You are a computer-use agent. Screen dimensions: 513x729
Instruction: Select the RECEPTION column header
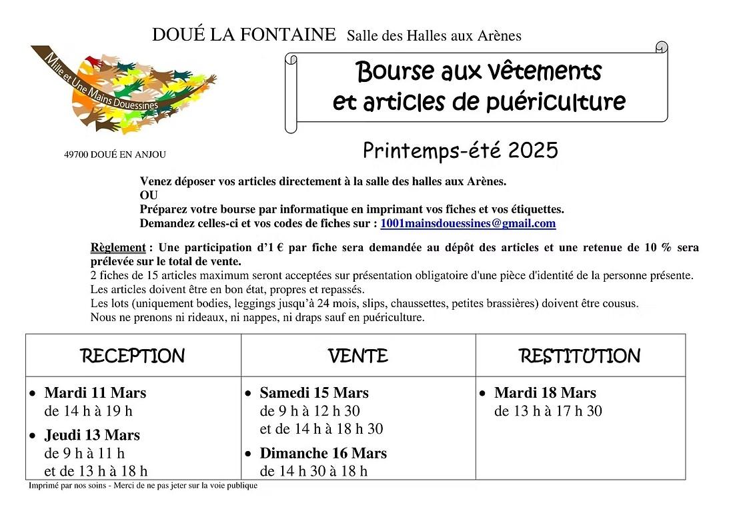[x=133, y=356]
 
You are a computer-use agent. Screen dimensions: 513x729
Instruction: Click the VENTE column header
[x=358, y=356]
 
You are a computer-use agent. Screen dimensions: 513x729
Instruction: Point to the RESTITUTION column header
[x=580, y=356]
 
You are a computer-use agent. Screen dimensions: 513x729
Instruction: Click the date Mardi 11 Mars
[x=95, y=392]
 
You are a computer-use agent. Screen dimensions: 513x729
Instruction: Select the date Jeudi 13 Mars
[x=92, y=435]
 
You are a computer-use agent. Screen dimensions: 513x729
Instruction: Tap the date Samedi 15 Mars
[x=314, y=392]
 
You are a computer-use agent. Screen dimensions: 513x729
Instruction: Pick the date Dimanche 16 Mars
[x=323, y=453]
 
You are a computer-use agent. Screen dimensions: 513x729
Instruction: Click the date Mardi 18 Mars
[x=545, y=392]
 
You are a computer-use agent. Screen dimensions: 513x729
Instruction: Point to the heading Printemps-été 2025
[x=460, y=151]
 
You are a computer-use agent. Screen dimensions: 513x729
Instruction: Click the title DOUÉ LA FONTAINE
[x=244, y=35]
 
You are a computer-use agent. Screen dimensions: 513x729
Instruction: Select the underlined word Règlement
[x=117, y=248]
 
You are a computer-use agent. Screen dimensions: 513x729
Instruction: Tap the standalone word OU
[x=149, y=195]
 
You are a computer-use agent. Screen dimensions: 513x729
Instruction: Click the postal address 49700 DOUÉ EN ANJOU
[x=115, y=155]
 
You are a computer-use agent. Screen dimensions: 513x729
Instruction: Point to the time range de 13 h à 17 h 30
[x=548, y=411]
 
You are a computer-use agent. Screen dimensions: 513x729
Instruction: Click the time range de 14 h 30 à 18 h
[x=313, y=471]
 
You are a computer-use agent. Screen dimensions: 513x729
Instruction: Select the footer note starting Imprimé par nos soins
[x=143, y=486]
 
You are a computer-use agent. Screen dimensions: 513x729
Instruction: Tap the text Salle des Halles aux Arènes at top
[x=434, y=36]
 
